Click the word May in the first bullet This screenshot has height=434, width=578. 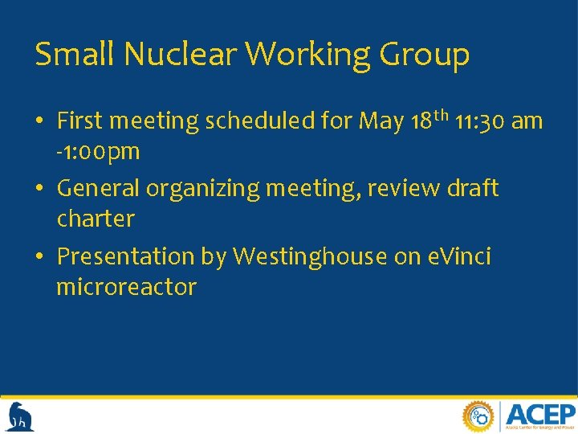click(x=381, y=122)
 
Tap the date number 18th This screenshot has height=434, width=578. click(x=426, y=121)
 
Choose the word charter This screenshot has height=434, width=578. click(x=96, y=219)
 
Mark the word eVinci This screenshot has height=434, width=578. click(x=454, y=256)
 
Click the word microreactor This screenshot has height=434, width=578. click(x=126, y=287)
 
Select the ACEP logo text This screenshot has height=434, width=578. click(x=541, y=414)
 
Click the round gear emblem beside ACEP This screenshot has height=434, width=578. click(x=478, y=416)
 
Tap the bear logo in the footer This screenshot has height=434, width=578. click(x=19, y=416)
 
